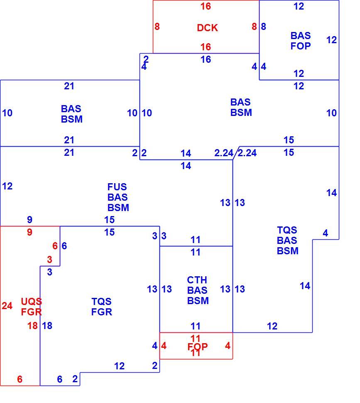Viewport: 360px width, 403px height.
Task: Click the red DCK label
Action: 207,28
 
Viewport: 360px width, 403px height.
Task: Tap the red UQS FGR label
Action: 31,307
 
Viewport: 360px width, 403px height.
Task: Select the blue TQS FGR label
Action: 102,307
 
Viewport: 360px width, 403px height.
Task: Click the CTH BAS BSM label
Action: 198,290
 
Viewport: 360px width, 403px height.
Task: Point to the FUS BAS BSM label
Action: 118,197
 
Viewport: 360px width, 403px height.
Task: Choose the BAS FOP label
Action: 301,41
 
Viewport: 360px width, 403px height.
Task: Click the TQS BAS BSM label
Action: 288,240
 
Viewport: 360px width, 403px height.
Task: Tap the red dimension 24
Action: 7,306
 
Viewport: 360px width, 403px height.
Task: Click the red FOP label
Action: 198,347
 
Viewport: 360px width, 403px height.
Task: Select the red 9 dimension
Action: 30,232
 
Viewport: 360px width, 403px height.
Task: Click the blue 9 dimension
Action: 30,220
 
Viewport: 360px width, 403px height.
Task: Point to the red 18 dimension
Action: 33,326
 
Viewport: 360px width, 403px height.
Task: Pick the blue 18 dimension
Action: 47,326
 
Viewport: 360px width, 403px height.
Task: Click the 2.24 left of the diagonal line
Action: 224,153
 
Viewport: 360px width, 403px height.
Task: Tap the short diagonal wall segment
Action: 236,153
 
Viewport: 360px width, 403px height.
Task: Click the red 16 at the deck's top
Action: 206,6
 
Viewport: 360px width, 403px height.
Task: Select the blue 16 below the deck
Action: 206,60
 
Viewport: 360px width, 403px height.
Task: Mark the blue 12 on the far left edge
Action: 7,187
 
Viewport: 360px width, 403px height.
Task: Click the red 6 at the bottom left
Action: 20,379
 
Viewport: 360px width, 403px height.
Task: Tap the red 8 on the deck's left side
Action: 157,27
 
